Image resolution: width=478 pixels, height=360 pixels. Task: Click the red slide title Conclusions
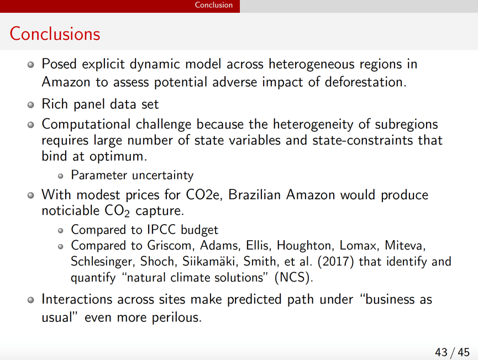click(55, 34)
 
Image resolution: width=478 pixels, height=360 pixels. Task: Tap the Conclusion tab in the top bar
click(214, 5)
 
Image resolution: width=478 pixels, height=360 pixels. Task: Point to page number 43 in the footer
click(441, 352)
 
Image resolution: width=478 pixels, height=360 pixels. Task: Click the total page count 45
click(464, 352)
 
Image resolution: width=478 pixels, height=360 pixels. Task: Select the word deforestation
click(365, 82)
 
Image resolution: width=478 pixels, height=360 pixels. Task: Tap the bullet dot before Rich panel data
click(30, 105)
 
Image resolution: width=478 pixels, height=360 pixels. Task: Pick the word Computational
click(86, 125)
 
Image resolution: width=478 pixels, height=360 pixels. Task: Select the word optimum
click(118, 157)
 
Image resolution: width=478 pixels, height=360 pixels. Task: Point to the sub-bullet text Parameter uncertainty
click(132, 176)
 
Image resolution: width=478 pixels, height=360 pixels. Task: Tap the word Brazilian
click(254, 195)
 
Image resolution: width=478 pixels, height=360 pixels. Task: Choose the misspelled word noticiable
click(70, 210)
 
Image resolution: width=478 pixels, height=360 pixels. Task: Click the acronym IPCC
click(161, 230)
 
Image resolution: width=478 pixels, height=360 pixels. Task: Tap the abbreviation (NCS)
click(294, 278)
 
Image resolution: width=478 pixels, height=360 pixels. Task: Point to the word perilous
click(177, 317)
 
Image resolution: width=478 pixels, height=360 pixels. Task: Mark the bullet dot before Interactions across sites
click(30, 300)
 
